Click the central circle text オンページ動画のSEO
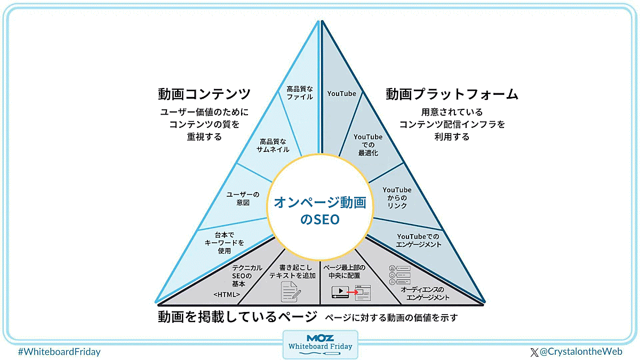[x=320, y=210]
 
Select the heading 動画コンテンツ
[x=204, y=94]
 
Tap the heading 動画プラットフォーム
[x=452, y=94]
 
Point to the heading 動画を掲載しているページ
[x=237, y=317]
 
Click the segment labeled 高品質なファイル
[x=300, y=93]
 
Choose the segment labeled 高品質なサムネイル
[x=273, y=146]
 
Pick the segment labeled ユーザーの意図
[x=243, y=198]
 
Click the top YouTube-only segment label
[x=341, y=94]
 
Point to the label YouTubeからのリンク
[x=397, y=197]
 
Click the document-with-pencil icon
[x=291, y=291]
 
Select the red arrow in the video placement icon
[x=351, y=292]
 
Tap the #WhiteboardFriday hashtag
[x=59, y=352]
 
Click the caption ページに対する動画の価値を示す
[x=391, y=317]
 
